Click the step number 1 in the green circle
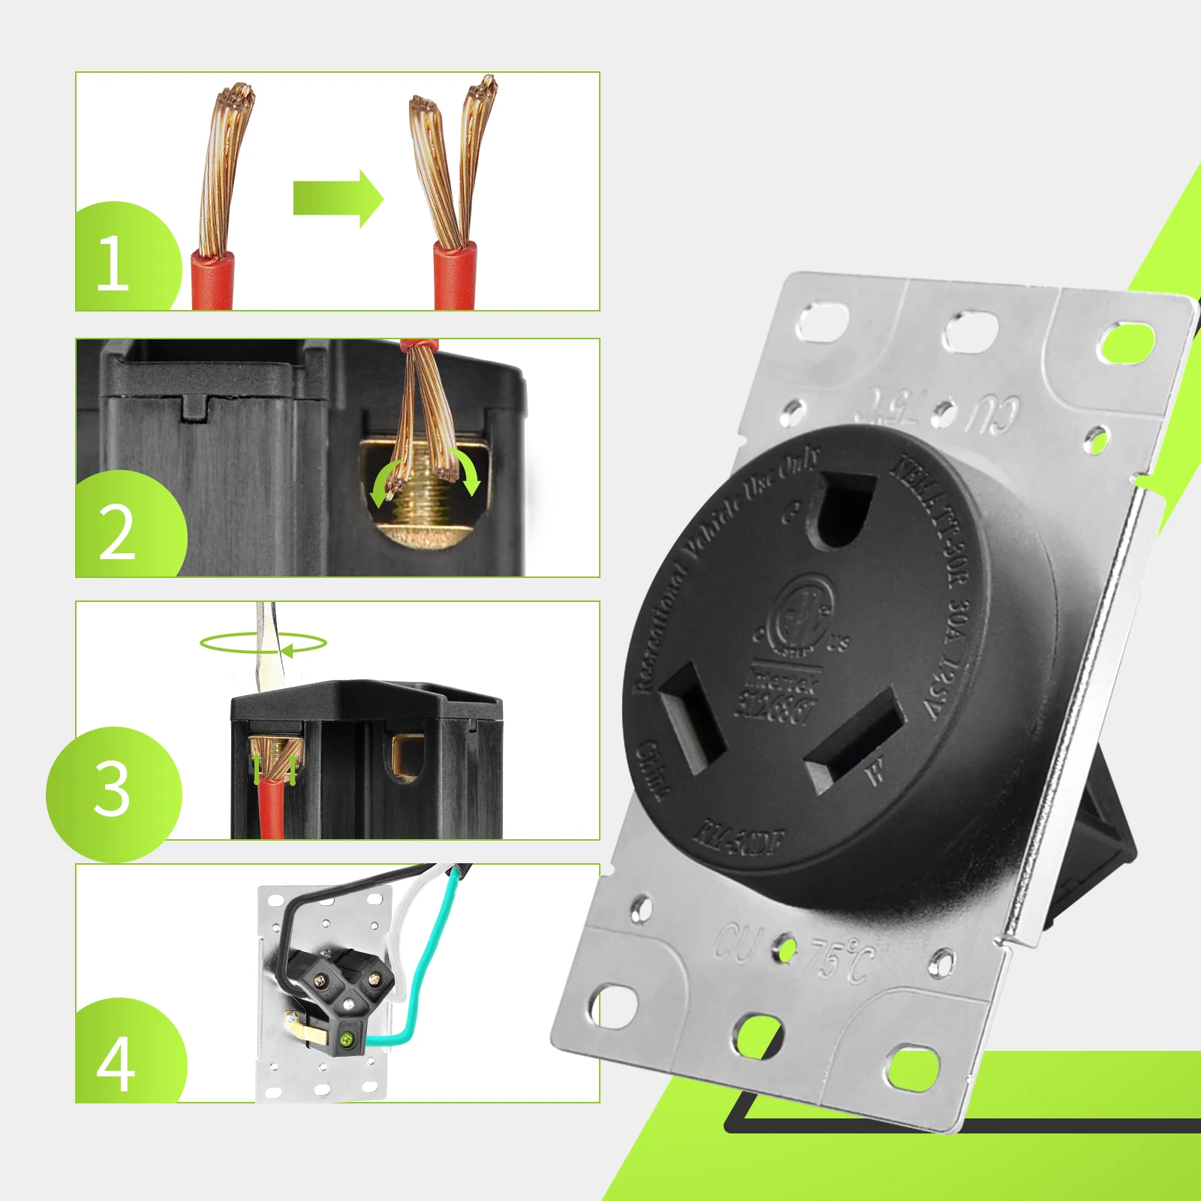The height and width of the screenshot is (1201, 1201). (x=113, y=263)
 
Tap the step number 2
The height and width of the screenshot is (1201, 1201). (x=117, y=533)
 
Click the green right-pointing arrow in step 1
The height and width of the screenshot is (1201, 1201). (x=338, y=198)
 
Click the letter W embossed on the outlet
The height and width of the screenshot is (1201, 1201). (x=875, y=773)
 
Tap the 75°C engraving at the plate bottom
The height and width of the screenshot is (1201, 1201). (x=841, y=961)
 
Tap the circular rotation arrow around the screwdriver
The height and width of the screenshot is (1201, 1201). (x=263, y=643)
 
